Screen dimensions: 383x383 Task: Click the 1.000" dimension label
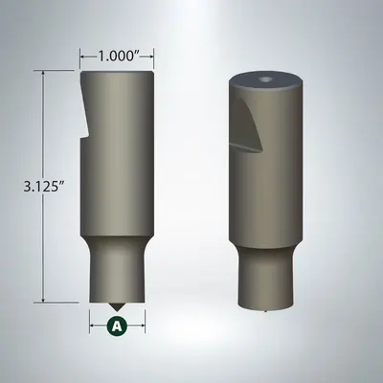click(x=117, y=56)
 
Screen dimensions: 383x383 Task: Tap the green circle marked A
click(x=117, y=326)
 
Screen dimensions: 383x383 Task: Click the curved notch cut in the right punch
click(x=245, y=124)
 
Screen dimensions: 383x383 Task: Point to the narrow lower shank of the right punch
click(x=262, y=278)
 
